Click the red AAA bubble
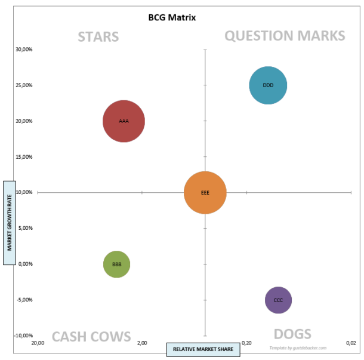click(124, 121)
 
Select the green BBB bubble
click(116, 264)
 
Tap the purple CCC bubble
click(278, 300)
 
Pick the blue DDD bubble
click(268, 85)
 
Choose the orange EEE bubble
click(205, 193)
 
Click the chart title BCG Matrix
click(172, 17)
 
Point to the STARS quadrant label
click(98, 37)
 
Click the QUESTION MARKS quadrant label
click(285, 36)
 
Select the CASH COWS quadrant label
click(91, 337)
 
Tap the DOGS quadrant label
click(292, 334)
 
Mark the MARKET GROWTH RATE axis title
click(10, 222)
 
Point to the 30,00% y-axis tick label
click(24, 50)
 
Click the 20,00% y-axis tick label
click(24, 121)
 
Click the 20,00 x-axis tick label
click(38, 343)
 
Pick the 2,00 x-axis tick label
click(142, 343)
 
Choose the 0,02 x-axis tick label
click(351, 343)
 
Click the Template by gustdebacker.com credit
click(298, 347)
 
